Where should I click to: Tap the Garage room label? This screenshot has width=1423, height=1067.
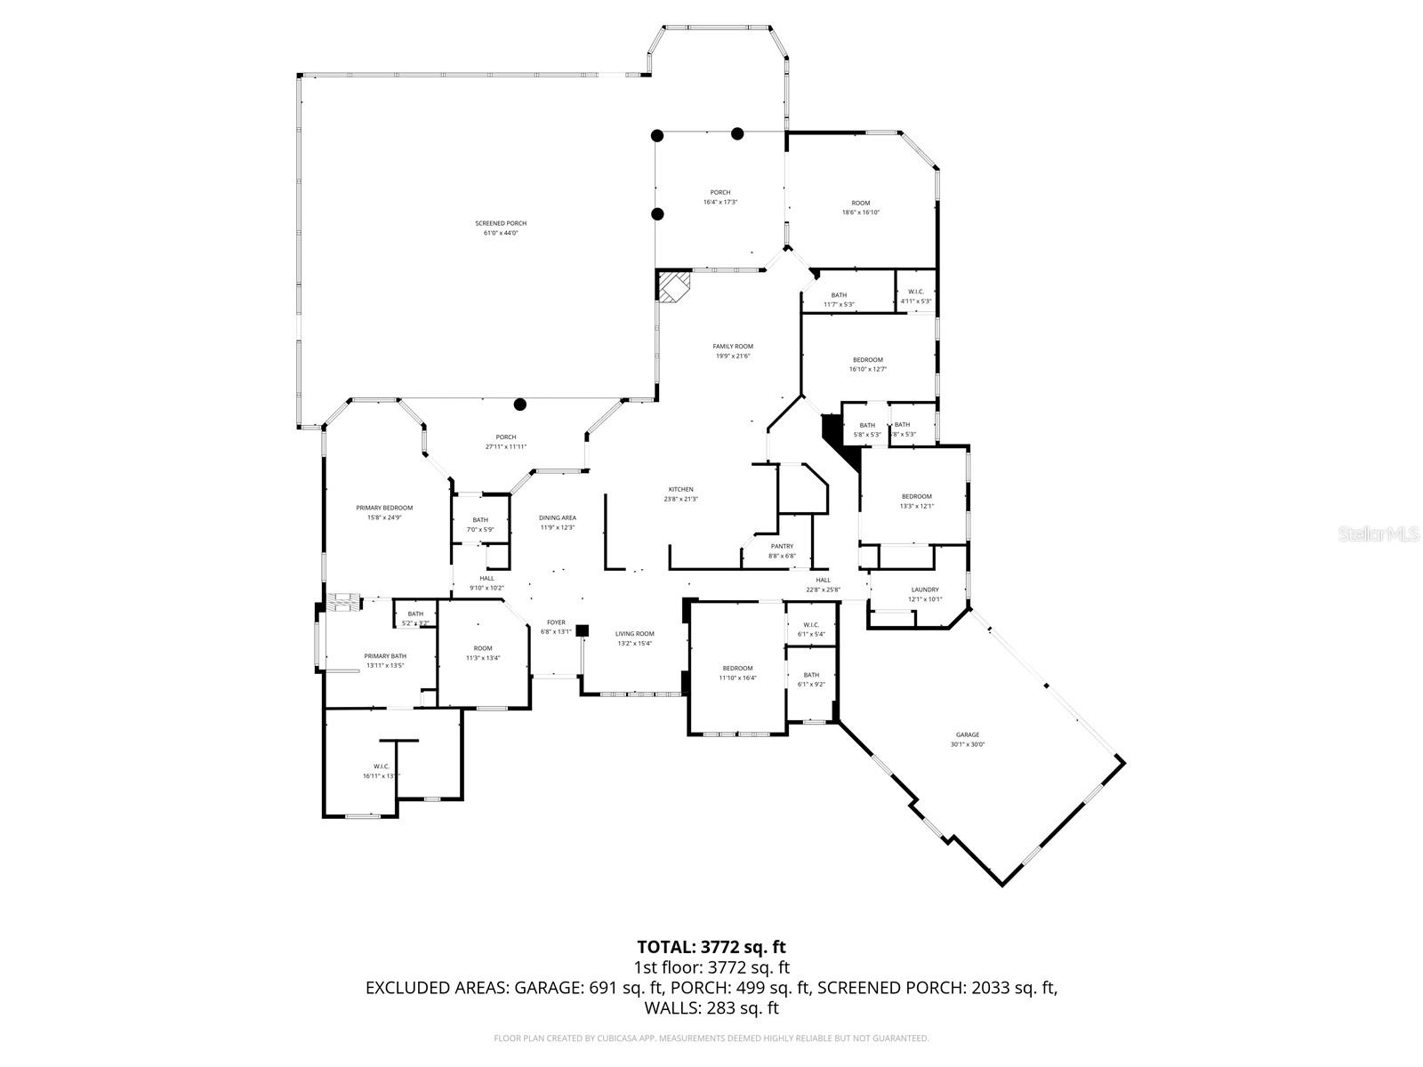pos(968,735)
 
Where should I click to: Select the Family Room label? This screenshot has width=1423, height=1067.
pos(733,347)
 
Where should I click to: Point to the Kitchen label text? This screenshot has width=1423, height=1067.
pos(681,490)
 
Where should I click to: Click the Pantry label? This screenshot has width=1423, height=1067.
pos(782,547)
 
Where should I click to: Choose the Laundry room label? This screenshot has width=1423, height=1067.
pos(925,590)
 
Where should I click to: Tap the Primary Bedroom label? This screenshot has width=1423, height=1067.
pos(384,508)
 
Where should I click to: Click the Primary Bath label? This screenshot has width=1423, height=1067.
pos(384,656)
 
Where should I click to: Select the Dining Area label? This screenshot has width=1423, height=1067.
pos(558,517)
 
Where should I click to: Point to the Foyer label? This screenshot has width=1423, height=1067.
pos(556,622)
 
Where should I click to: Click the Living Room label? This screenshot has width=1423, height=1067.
pos(635,634)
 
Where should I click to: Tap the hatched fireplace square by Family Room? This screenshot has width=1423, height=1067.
pos(673,287)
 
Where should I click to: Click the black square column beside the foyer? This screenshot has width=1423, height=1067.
pos(583,630)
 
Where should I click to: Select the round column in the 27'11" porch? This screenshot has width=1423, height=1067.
pos(520,405)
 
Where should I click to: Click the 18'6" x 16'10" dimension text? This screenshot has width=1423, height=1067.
pos(861,213)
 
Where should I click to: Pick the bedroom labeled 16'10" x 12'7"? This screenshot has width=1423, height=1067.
pos(867,360)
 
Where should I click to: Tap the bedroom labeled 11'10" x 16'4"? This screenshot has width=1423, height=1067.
pos(737,669)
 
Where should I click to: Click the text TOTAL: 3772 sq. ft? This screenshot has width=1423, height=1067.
pos(711,947)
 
